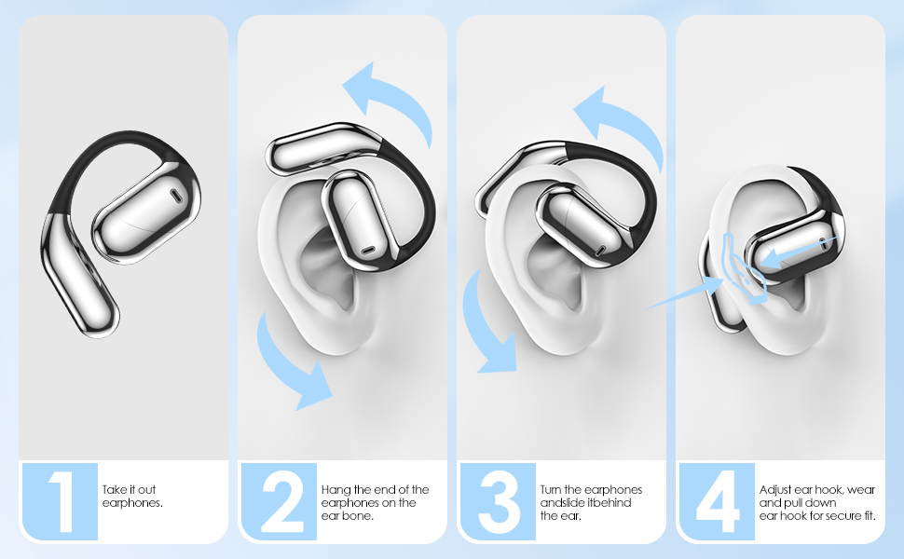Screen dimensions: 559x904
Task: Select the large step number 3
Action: pos(498,502)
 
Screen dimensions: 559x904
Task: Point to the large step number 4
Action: pos(717,502)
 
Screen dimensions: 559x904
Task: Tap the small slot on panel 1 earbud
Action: pos(175,196)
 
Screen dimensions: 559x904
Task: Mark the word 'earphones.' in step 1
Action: pos(132,503)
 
